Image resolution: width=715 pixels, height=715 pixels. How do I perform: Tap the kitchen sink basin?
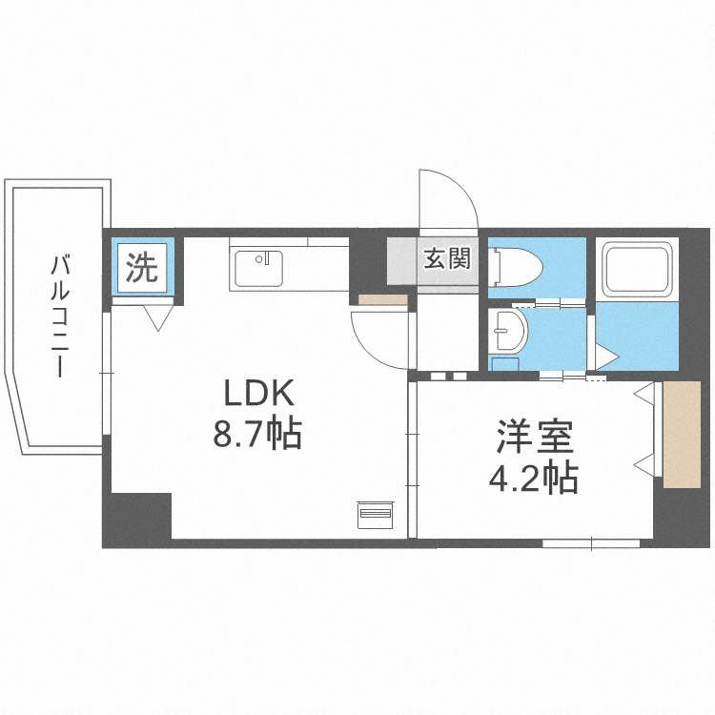(258, 265)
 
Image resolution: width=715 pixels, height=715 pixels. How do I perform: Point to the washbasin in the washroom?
(508, 334)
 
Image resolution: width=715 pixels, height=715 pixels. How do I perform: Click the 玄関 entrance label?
(446, 259)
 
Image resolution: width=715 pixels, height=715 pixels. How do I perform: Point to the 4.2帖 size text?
(533, 477)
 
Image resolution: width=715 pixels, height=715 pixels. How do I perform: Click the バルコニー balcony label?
(63, 315)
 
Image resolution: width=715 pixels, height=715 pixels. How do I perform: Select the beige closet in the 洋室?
(681, 435)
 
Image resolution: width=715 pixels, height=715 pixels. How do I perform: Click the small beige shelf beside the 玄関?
(382, 300)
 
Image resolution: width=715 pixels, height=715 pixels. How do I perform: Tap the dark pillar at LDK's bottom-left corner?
(136, 519)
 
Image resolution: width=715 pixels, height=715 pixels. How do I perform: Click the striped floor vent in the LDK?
(375, 514)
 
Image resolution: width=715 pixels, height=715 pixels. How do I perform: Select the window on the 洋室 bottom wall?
(591, 544)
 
